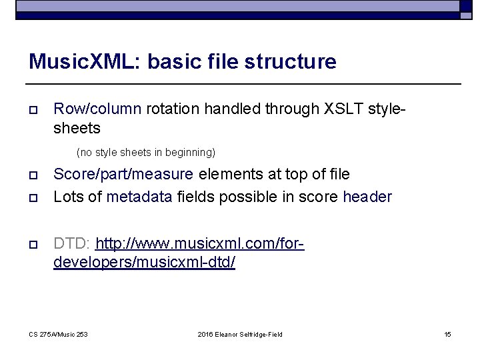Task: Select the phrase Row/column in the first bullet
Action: [x=97, y=109]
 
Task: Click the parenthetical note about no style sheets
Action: [x=146, y=153]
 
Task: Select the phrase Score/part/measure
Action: [x=124, y=175]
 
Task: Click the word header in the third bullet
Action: [x=367, y=197]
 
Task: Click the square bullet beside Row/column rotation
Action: [x=33, y=109]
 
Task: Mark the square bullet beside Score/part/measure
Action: [x=33, y=175]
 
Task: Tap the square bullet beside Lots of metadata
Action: [x=33, y=197]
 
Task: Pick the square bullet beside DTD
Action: [x=33, y=242]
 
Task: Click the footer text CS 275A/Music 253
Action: [x=58, y=334]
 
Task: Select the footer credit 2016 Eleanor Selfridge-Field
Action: [x=240, y=334]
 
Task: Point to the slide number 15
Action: [x=447, y=334]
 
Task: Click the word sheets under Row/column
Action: [x=77, y=127]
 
